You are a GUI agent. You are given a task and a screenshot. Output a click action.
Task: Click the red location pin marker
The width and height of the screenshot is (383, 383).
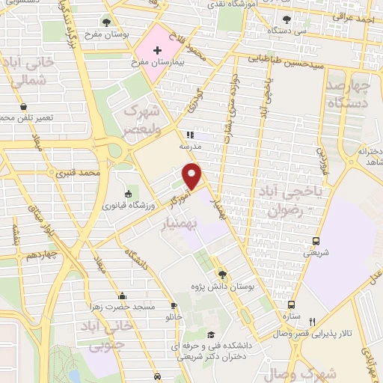(193, 175)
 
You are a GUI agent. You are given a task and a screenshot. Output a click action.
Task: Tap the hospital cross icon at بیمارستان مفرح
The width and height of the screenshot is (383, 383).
(157, 51)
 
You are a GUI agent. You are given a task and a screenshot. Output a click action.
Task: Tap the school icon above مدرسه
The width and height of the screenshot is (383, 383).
(190, 135)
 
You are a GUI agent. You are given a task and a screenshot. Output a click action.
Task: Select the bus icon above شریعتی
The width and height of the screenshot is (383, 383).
(316, 241)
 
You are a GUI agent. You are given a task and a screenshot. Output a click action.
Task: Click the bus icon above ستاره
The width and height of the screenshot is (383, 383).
(291, 304)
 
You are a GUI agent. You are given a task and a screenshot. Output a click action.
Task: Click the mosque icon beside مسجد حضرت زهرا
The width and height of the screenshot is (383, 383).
(122, 295)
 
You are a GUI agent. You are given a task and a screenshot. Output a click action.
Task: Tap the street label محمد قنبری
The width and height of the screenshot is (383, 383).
(79, 172)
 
